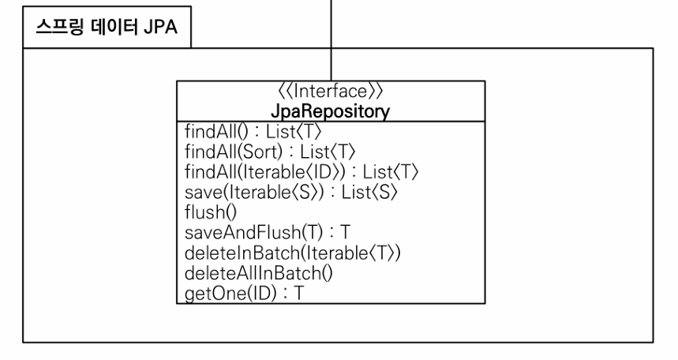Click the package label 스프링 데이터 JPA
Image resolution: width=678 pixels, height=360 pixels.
[x=107, y=27]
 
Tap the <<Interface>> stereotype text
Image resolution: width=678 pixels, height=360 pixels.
[x=331, y=92]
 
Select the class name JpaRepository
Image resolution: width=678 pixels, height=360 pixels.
[x=331, y=111]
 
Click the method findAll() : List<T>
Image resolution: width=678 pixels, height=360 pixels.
[x=253, y=132]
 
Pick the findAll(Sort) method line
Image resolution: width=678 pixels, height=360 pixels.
[x=270, y=152]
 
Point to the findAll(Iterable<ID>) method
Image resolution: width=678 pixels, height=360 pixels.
[x=302, y=172]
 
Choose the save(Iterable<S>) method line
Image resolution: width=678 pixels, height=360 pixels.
[x=291, y=192]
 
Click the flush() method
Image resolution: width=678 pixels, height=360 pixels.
[x=211, y=212]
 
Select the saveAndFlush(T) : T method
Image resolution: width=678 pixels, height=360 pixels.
[x=268, y=233]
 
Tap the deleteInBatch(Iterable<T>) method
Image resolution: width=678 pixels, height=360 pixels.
[x=293, y=253]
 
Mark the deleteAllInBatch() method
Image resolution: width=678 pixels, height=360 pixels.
[x=259, y=273]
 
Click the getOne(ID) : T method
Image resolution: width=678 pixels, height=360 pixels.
[x=245, y=294]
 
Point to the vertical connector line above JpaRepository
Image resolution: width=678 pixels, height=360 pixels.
[x=332, y=40]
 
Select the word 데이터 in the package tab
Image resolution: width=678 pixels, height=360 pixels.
[x=114, y=27]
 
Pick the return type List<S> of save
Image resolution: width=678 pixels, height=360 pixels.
[x=369, y=192]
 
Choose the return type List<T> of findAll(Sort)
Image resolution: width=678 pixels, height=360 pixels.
[x=328, y=152]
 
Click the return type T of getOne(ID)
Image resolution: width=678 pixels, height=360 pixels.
[x=299, y=294]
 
